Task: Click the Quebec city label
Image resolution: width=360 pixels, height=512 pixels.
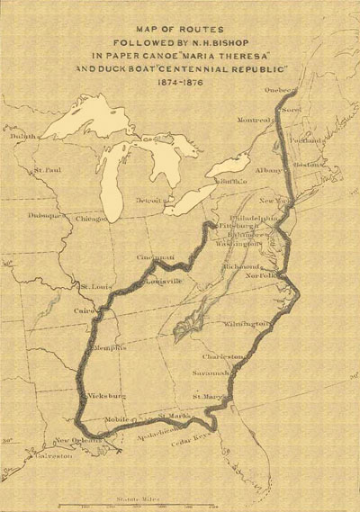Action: pos(280,92)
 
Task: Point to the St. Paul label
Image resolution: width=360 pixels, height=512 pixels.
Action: pos(47,170)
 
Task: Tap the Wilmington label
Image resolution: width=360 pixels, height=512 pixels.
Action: pos(247,323)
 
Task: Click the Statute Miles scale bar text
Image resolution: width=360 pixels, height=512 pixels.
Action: pos(135,498)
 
